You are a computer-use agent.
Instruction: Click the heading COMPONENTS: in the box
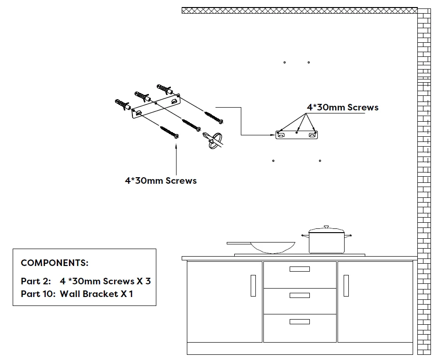pos(54,263)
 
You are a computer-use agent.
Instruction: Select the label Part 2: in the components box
pos(36,281)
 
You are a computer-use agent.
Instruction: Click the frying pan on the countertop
pos(272,246)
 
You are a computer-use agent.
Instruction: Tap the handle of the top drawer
pos(300,269)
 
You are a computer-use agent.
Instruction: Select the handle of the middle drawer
pos(300,295)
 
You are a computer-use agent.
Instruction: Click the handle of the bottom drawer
pos(300,321)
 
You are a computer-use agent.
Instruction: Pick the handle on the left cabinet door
pos(253,285)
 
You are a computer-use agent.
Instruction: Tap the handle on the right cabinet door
pos(346,285)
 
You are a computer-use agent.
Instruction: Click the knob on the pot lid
pos(326,227)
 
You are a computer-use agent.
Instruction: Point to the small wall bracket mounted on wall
pos(297,135)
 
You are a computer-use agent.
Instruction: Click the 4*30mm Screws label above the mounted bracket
pos(342,107)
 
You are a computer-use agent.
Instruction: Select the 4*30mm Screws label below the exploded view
pos(161,180)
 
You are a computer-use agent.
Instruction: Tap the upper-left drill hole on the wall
pos(284,62)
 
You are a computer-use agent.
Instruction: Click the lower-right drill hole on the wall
pos(320,161)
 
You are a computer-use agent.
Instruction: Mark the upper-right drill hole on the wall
pos(308,62)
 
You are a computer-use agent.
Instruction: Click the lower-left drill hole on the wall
pos(273,161)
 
